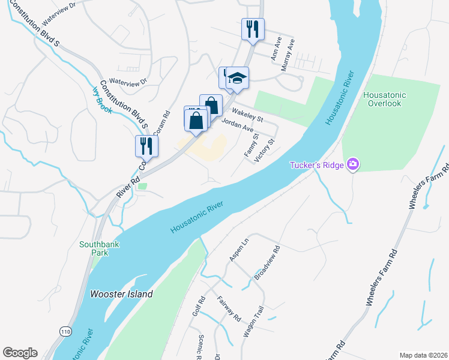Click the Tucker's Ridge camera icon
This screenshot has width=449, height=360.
[x=353, y=164]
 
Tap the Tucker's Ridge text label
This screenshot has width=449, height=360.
[x=316, y=165]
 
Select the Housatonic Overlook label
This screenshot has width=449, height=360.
[x=385, y=99]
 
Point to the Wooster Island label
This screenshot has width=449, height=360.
[x=122, y=294]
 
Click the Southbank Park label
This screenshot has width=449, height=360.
[x=94, y=248]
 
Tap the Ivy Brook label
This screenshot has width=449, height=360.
[x=101, y=100]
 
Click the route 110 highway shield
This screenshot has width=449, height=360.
[x=65, y=331]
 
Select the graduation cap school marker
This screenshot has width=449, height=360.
[x=238, y=78]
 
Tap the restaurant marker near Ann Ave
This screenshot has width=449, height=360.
[x=252, y=28]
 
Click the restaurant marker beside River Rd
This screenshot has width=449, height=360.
[x=146, y=145]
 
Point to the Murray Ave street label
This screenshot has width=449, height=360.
[x=291, y=55]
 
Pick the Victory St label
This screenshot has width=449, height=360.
[x=265, y=150]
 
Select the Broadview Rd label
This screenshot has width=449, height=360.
[x=267, y=263]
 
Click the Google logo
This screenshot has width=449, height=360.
[x=20, y=353]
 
